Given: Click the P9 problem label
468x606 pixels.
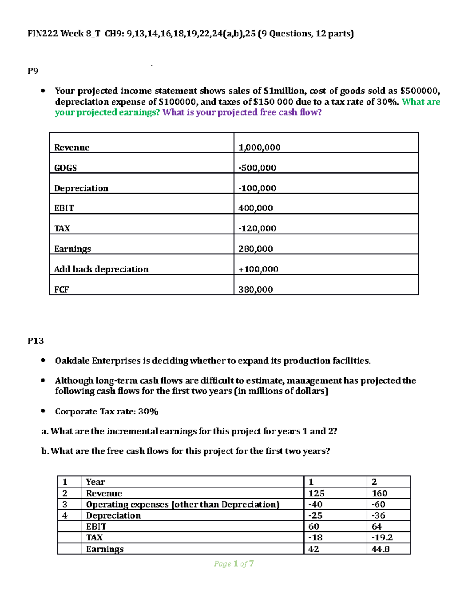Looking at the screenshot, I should coord(33,71).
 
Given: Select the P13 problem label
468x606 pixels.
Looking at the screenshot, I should coord(35,341).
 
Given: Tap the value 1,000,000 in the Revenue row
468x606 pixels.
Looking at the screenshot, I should coord(259,147).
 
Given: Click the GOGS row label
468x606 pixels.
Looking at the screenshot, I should coord(65,168).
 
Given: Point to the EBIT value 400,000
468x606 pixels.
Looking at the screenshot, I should coord(255,208).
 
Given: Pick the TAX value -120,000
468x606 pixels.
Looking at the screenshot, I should coord(257,228).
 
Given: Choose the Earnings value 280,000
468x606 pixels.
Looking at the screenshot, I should coord(255,249).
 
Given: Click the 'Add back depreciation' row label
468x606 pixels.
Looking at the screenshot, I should coord(101,269).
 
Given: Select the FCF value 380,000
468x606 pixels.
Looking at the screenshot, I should coord(255,289).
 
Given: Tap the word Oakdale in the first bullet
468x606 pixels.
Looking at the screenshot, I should coord(72,361).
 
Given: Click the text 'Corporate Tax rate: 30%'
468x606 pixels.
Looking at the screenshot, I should coord(106,411).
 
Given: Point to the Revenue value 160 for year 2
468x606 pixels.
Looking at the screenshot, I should coord(379,493).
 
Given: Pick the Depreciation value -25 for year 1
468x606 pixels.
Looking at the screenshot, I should coord(315,515).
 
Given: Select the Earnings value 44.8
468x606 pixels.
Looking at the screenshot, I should coord(380,549).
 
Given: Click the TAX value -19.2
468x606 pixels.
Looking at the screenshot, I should coord(382,537).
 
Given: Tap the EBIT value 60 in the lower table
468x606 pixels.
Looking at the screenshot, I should coord(314,526).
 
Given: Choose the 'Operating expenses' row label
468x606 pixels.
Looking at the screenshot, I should coord(183,504).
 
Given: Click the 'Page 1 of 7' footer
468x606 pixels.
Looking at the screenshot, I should coord(234,563).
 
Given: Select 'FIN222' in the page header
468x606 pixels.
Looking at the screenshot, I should coord(43,34).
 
